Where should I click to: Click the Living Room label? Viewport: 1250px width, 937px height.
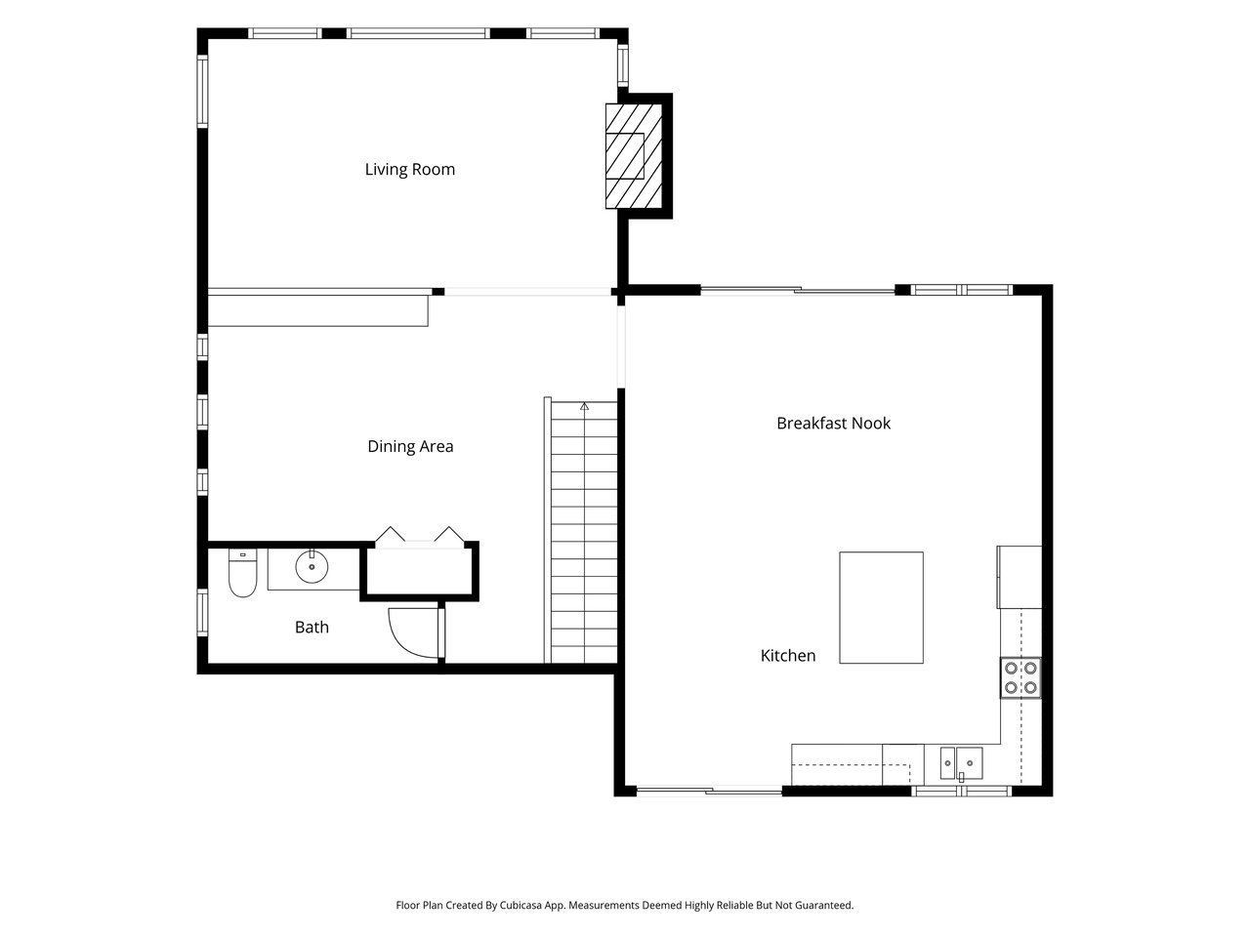click(409, 170)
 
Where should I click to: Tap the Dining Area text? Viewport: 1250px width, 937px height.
click(410, 447)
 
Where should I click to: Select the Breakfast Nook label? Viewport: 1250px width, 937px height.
click(833, 423)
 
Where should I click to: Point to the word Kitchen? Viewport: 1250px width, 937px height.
click(787, 655)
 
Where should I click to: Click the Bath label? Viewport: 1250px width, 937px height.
click(312, 627)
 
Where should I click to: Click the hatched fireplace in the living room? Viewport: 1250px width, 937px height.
click(633, 156)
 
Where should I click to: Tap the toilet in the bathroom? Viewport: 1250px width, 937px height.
click(242, 572)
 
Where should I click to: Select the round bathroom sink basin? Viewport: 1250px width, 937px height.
click(312, 567)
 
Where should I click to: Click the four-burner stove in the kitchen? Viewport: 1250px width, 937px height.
click(1021, 677)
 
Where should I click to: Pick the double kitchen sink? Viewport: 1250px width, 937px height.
click(961, 763)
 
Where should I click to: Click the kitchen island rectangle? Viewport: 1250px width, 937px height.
click(881, 607)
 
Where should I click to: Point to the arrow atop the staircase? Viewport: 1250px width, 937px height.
click(584, 406)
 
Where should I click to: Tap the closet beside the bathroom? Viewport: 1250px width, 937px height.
click(419, 571)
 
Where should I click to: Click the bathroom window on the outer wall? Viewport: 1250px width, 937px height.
click(202, 612)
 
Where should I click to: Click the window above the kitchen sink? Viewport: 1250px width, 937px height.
click(961, 791)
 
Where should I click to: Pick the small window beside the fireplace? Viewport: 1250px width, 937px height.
click(623, 64)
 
